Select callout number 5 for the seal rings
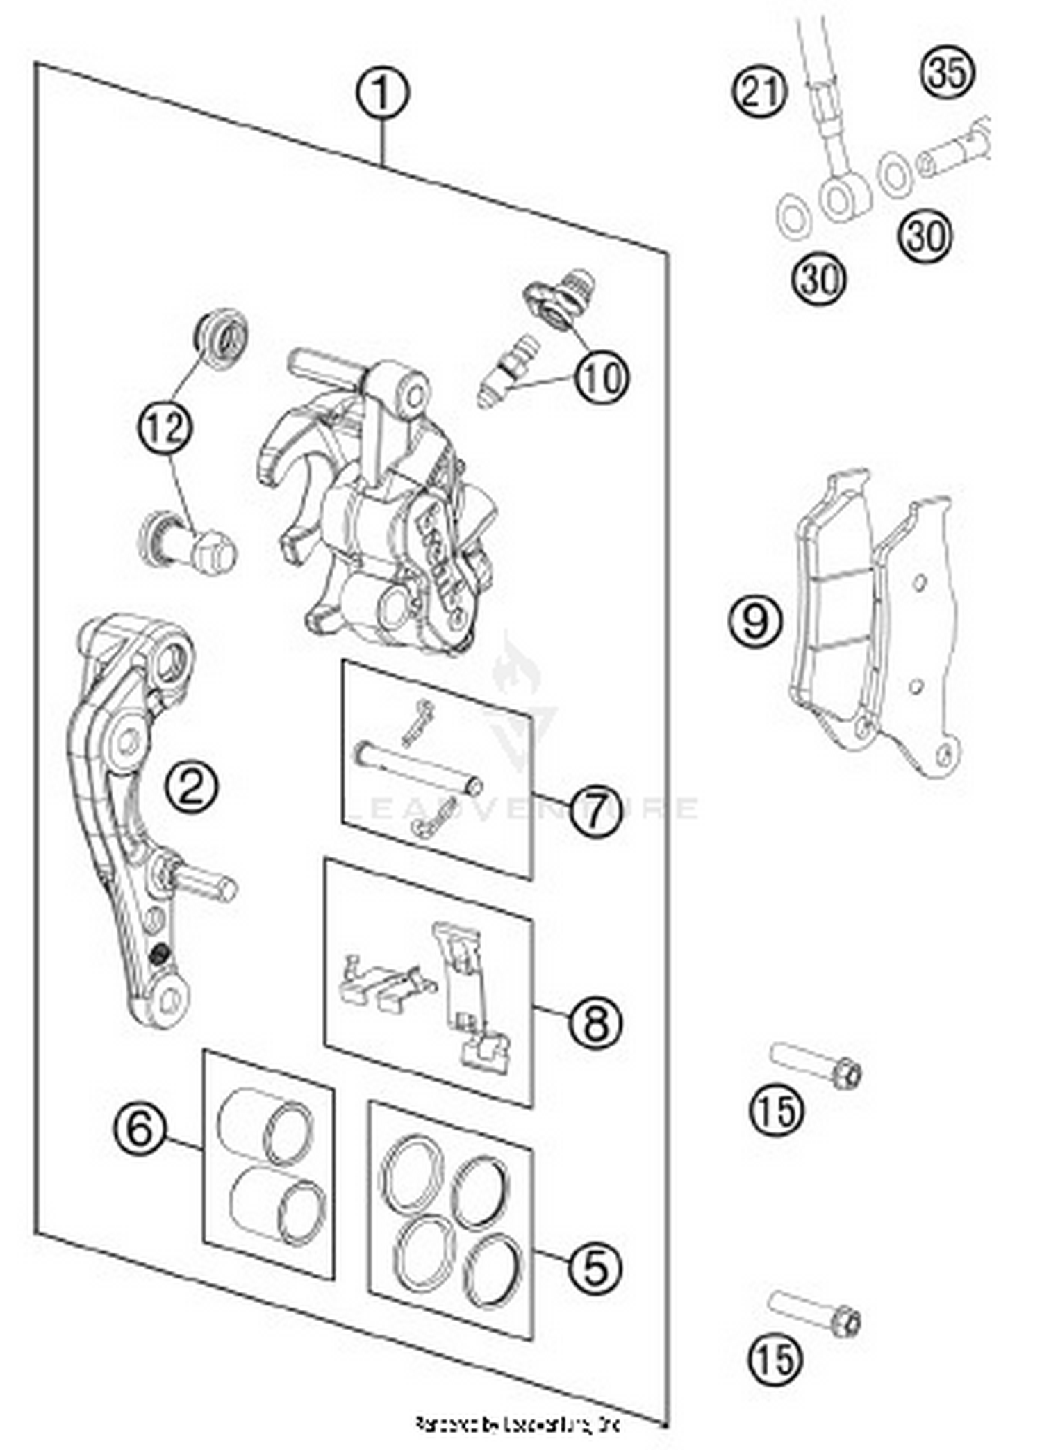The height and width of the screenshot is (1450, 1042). (x=595, y=1266)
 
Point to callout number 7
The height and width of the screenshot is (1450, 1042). (x=595, y=810)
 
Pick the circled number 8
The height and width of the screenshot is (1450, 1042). (x=595, y=1021)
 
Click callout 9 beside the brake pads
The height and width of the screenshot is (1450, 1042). (x=755, y=620)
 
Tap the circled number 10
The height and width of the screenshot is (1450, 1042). (x=602, y=379)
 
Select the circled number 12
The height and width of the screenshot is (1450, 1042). (x=165, y=427)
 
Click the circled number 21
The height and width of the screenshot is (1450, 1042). (x=760, y=91)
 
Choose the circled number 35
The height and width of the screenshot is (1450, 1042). (x=948, y=72)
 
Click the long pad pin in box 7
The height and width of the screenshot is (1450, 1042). (x=417, y=767)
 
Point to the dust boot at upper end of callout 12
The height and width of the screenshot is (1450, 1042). (x=221, y=340)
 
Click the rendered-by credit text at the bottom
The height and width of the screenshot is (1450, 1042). (x=518, y=1425)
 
